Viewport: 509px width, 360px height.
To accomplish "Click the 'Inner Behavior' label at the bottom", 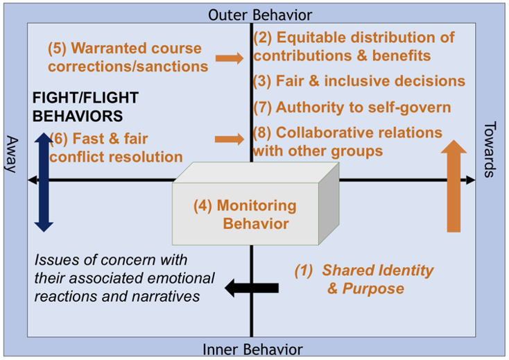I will (252, 350).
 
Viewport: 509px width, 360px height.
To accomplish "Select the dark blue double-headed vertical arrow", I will (43, 181).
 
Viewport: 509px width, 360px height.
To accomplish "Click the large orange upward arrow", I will (454, 185).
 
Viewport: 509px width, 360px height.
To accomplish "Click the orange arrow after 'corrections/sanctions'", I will (230, 58).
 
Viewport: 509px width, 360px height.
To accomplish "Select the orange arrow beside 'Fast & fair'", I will (230, 139).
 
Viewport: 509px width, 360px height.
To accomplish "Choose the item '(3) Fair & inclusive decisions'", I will (359, 81).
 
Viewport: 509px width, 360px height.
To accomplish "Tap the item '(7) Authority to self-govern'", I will (352, 108).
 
